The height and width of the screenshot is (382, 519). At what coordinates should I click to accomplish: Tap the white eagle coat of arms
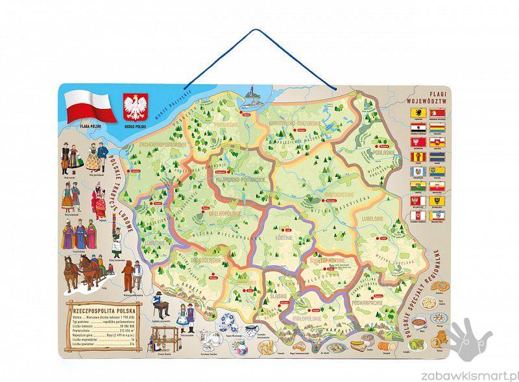[136, 107]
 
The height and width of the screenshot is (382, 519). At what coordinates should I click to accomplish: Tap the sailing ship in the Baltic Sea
[250, 99]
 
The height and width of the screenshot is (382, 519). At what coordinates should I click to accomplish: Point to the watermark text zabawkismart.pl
[477, 374]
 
